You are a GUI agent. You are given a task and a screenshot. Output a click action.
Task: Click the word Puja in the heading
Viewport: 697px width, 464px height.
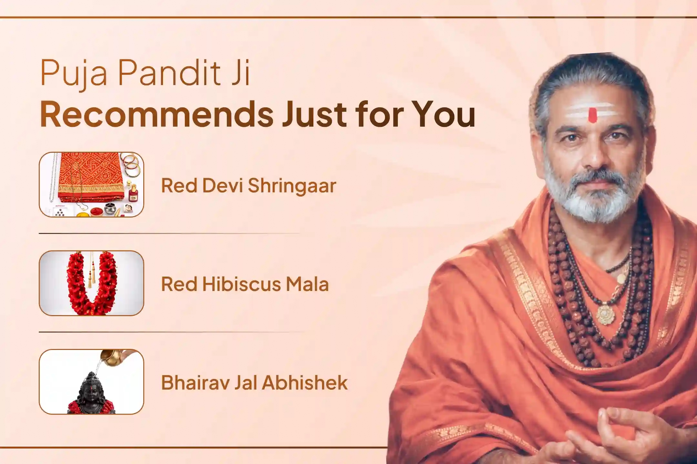pyautogui.click(x=74, y=73)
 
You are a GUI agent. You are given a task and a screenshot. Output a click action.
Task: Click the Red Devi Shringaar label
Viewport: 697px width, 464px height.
pyautogui.click(x=248, y=186)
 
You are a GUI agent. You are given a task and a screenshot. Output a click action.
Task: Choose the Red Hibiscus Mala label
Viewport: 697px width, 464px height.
pyautogui.click(x=245, y=284)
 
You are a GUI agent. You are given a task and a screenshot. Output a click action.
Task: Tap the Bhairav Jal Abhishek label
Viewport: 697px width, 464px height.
pyautogui.click(x=254, y=382)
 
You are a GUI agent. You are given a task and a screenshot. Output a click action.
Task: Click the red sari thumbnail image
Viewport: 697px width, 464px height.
pyautogui.click(x=91, y=185)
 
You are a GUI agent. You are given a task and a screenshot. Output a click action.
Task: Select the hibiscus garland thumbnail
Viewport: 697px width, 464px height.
pyautogui.click(x=91, y=283)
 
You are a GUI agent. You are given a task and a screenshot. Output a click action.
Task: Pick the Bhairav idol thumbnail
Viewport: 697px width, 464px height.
pyautogui.click(x=91, y=382)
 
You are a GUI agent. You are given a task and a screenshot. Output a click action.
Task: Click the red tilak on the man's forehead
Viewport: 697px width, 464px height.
pyautogui.click(x=592, y=115)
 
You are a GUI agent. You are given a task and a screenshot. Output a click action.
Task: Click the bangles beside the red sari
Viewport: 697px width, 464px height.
pyautogui.click(x=132, y=164)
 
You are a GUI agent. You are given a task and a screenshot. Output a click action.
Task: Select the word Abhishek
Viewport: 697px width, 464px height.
pyautogui.click(x=305, y=382)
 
